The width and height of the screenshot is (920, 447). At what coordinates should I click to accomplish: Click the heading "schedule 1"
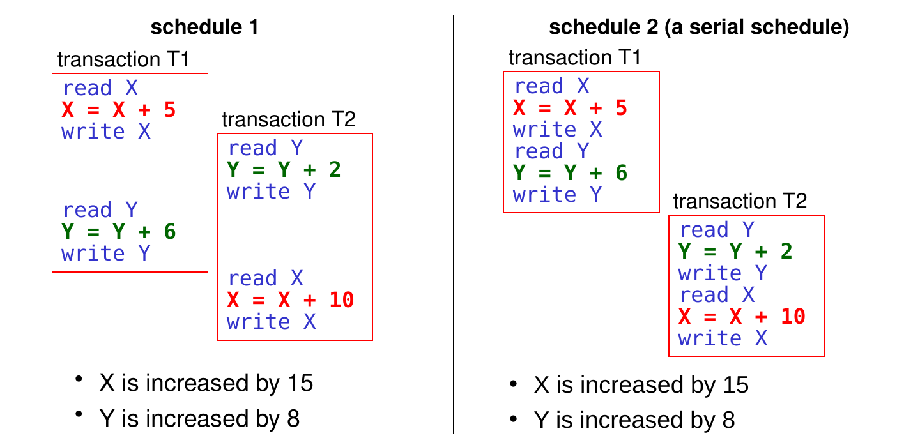tap(204, 27)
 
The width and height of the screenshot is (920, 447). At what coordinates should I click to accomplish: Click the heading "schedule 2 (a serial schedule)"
tap(699, 27)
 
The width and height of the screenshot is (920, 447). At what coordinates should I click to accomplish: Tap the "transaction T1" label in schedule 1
tap(123, 59)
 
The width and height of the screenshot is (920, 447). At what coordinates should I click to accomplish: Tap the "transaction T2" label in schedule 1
tap(288, 119)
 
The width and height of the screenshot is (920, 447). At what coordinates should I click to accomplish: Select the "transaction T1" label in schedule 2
tap(574, 57)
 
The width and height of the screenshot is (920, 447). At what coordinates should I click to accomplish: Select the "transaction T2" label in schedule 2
tap(740, 201)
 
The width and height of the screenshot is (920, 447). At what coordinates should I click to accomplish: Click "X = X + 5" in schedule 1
tap(119, 110)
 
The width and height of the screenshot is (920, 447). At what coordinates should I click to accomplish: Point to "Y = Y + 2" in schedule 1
tap(284, 169)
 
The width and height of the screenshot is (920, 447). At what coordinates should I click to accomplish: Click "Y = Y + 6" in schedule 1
tap(119, 232)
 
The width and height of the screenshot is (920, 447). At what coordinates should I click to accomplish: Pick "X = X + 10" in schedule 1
tap(290, 299)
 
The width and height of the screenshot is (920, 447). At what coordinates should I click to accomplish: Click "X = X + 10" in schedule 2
tap(742, 317)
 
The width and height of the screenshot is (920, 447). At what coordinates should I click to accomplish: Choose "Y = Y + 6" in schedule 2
tap(570, 173)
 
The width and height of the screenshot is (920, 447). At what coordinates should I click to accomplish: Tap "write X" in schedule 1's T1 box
tap(106, 132)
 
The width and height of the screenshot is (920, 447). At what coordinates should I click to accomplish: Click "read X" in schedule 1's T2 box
tap(266, 278)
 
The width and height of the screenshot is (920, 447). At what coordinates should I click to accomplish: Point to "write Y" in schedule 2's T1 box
tap(557, 195)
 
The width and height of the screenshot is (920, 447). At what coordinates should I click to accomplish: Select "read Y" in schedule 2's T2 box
tap(717, 229)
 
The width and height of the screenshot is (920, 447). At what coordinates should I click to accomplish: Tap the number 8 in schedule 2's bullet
tap(728, 420)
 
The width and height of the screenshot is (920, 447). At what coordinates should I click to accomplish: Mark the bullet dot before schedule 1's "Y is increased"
tap(79, 414)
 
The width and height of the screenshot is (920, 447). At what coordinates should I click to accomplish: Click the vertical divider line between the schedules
tap(454, 224)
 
